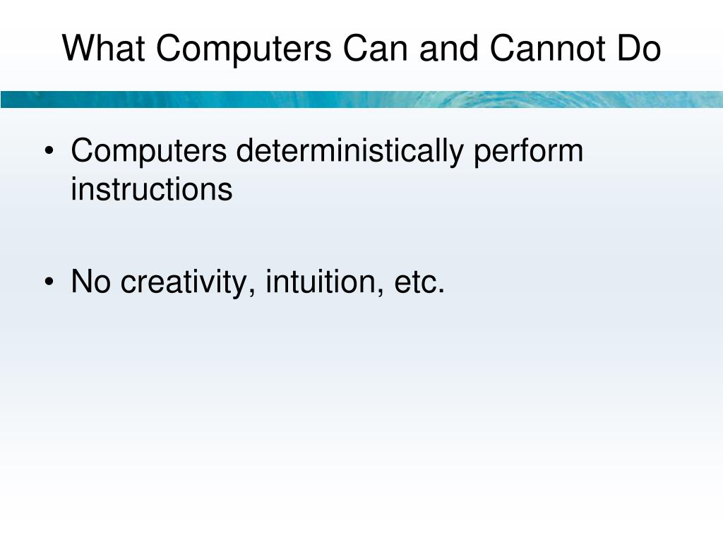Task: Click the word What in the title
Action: [x=104, y=49]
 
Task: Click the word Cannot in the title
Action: [x=545, y=49]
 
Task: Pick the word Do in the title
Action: [x=639, y=49]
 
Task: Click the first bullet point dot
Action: [x=48, y=152]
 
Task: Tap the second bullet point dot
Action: [x=48, y=284]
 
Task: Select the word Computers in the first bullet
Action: [x=149, y=151]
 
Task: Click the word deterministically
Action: [x=350, y=151]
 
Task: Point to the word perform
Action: [x=528, y=151]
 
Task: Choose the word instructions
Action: [x=151, y=189]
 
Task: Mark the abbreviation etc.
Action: [x=418, y=282]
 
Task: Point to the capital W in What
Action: [x=76, y=49]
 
